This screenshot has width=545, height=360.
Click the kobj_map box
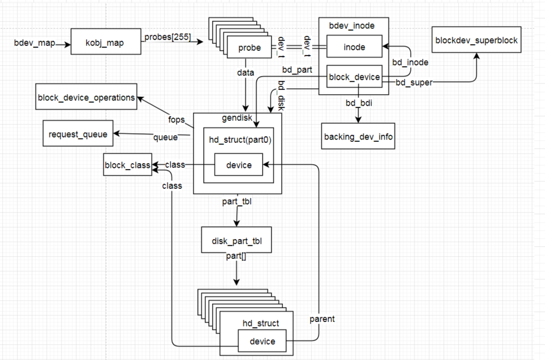105,43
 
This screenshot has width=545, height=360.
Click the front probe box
249,48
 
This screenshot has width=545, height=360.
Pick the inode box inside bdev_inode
354,48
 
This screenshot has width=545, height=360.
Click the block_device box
354,77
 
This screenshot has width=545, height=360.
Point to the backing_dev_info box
358,137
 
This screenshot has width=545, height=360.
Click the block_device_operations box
86,97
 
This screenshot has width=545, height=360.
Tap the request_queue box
78,134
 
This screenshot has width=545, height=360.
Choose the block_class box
127,165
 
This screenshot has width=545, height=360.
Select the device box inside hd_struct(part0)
239,165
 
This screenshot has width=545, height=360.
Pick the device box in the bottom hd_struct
262,341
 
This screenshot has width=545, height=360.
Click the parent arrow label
322,319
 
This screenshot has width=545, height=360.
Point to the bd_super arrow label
414,82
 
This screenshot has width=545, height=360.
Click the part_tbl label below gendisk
237,202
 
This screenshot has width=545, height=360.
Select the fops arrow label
176,119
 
